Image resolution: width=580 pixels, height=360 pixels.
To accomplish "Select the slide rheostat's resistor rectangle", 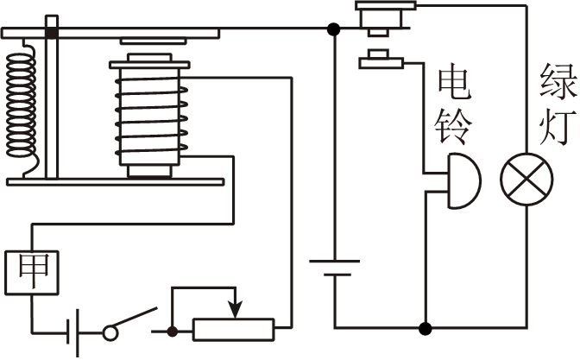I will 233,329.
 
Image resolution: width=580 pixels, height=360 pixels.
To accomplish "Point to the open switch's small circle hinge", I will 110,331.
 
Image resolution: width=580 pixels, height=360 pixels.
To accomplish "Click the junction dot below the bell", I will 424,328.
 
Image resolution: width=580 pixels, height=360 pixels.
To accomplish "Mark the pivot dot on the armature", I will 52,32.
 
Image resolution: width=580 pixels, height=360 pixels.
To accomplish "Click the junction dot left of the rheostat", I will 173,329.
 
